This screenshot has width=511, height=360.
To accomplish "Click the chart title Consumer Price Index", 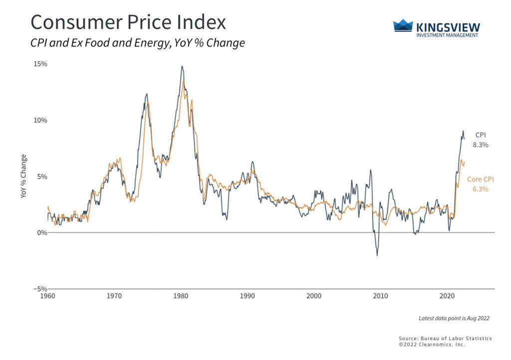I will point(128,22).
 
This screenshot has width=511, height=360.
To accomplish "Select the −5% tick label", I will point(40,289).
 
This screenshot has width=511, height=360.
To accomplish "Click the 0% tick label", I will point(42,233).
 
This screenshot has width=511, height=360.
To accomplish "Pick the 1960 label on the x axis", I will point(48,296).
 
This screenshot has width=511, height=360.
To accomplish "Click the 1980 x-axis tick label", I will point(181,296).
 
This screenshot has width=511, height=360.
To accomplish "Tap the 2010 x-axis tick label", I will point(381,296).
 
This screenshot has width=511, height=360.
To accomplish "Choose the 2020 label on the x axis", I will point(447,296).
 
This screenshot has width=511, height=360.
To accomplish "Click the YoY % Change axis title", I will point(23,176).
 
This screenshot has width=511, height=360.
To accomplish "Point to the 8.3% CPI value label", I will point(481,145).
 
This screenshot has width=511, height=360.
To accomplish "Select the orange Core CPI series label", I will point(478,179).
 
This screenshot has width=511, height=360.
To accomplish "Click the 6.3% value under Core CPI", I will point(481,189).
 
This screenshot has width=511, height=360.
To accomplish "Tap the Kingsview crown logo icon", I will point(403,26).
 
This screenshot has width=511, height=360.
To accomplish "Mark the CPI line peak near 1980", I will point(182,66).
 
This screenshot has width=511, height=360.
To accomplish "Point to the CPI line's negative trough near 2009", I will point(377,256).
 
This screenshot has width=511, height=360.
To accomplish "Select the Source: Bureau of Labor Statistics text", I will point(445,339).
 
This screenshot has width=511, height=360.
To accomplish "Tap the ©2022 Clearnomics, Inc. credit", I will point(432,345).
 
